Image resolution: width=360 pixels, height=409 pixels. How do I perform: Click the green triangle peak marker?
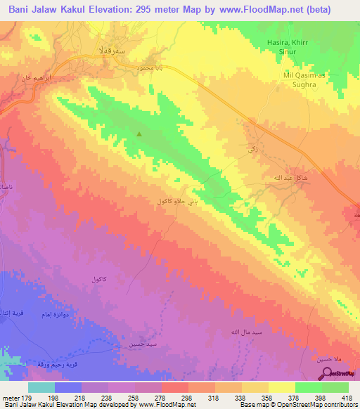point(139,134)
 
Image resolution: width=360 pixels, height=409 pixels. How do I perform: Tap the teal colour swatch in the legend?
point(41,387)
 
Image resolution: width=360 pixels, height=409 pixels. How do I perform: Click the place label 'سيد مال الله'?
point(236,330)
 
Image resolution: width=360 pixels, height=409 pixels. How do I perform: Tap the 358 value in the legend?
point(268,397)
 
